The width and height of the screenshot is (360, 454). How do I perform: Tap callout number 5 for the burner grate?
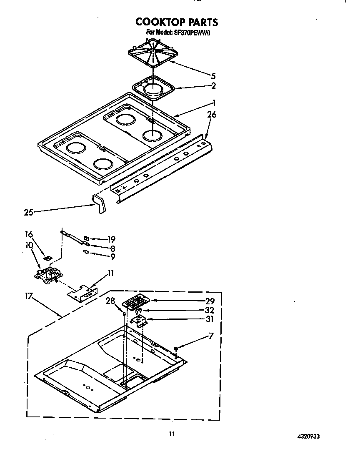tap(213, 76)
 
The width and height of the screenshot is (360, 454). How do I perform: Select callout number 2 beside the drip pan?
tap(213, 86)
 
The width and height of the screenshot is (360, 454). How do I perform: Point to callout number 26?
tap(212, 114)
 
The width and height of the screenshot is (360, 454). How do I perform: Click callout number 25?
tap(28, 212)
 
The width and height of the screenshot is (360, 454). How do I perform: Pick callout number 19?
tap(111, 239)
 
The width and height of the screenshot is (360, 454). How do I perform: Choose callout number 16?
tap(29, 234)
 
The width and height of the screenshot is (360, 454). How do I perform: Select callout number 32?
tap(209, 310)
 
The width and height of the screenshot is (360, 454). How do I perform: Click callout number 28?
tap(110, 301)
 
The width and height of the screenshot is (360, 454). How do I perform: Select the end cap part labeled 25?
tap(99, 204)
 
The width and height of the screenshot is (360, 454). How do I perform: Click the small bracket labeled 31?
tap(138, 321)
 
